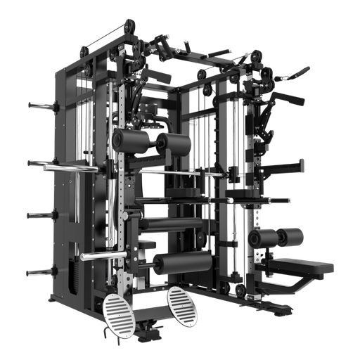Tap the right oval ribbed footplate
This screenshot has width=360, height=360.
pos(183,304)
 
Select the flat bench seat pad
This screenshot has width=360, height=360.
pos(302,265)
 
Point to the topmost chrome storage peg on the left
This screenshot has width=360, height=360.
pos(41,105)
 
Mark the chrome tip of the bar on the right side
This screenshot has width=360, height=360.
pos(290,201)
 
